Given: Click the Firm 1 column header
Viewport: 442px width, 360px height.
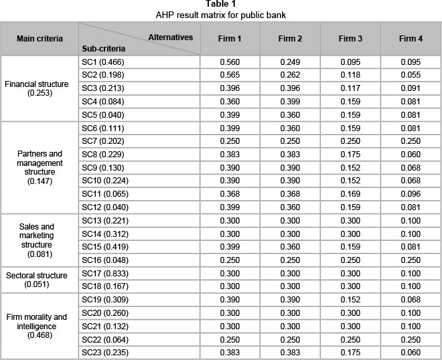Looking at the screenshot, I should (x=230, y=39).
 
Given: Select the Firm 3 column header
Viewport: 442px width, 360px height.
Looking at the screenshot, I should (x=351, y=39).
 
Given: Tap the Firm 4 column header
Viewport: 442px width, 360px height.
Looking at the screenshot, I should (x=411, y=39).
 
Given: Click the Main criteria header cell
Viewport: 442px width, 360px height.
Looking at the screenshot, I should (x=40, y=39).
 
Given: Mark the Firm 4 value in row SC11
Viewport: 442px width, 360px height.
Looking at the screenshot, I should (x=411, y=194).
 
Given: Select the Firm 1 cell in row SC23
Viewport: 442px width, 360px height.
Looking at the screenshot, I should (x=230, y=352).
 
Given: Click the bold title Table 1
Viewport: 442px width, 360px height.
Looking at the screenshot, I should (x=220, y=4).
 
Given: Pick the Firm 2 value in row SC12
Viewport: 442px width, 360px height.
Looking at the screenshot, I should (x=291, y=207).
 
